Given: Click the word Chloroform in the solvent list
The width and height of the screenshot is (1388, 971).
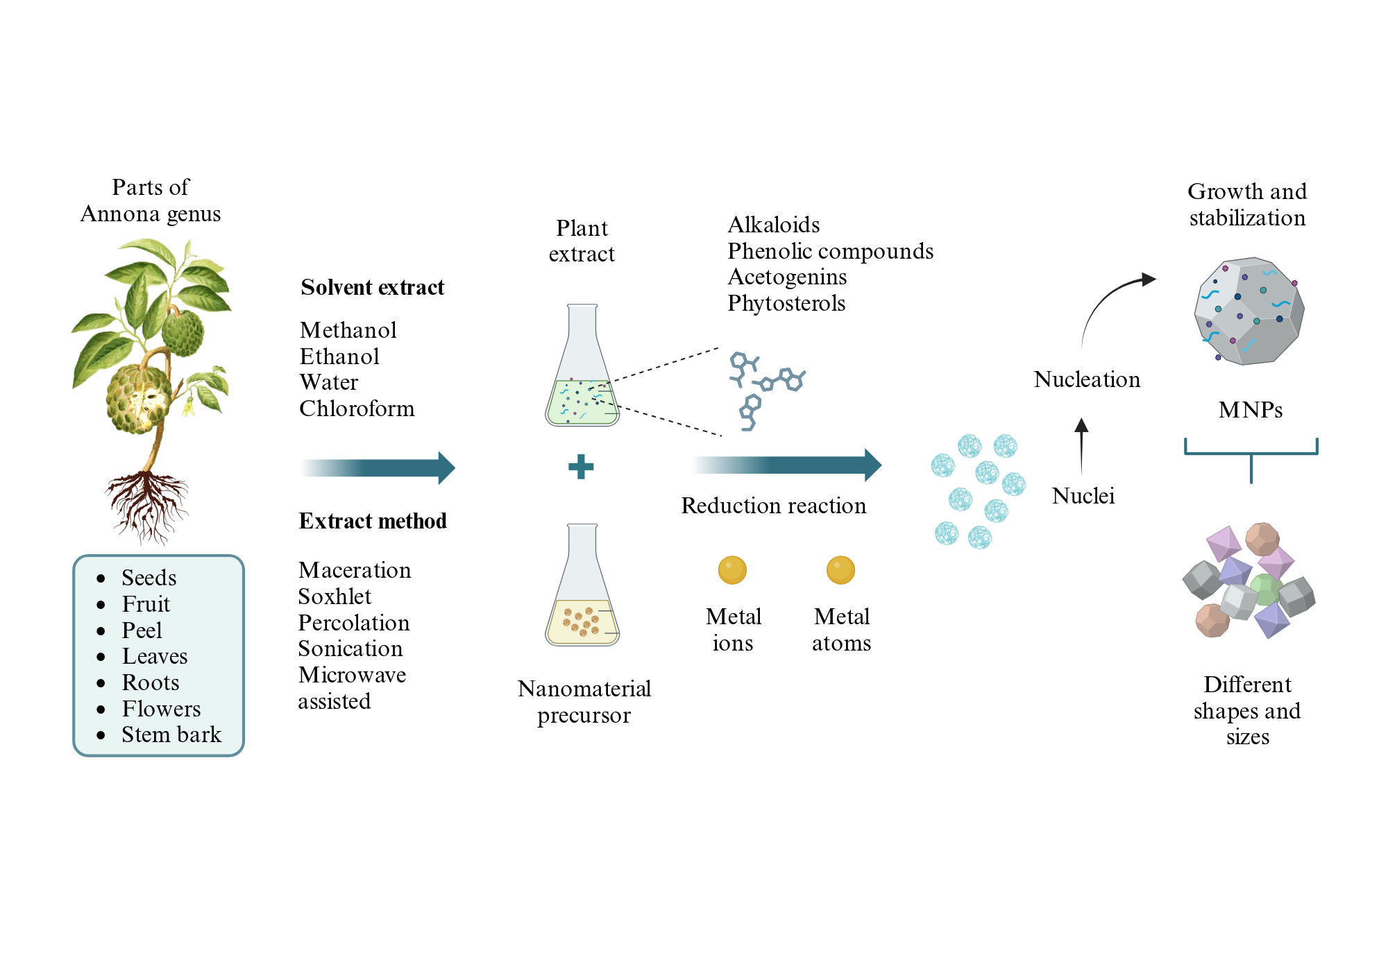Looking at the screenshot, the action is point(357,409).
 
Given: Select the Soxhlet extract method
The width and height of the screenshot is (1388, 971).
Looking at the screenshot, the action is point(335,596).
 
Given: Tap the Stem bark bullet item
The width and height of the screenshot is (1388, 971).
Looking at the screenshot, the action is point(171,734).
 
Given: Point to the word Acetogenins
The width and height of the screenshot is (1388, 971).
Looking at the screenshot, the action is point(787,277).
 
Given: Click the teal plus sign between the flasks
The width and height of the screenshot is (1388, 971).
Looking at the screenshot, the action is point(581,467).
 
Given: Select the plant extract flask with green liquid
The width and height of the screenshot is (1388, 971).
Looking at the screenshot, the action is point(582,365).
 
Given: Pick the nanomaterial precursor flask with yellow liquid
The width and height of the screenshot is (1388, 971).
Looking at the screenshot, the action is point(582,585).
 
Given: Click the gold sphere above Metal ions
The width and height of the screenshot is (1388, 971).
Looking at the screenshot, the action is point(732,570).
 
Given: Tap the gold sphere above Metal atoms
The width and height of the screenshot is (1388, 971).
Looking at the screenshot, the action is point(840,570).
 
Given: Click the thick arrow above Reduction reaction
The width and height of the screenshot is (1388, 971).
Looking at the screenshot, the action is point(786,465).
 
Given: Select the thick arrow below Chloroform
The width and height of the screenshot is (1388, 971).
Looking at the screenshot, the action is point(378,467).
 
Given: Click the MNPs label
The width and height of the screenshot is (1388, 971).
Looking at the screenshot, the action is point(1251,410).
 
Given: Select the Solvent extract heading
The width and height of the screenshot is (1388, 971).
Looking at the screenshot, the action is point(373,287).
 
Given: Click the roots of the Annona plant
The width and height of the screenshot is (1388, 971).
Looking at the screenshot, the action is point(147,506).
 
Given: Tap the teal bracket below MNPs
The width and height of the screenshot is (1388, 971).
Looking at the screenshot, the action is point(1251,454).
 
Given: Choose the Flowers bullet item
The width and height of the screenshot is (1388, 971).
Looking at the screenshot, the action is point(161,709).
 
